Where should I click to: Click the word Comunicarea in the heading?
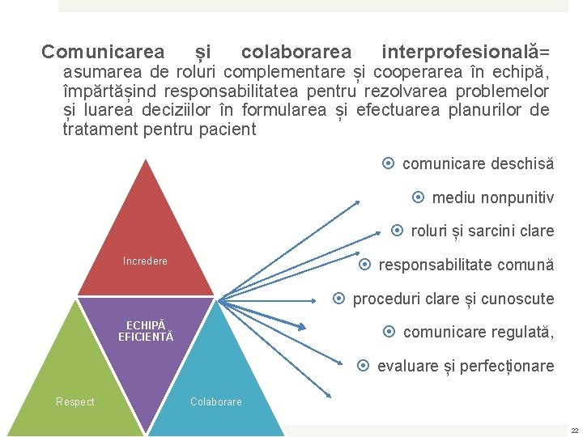tap(103, 53)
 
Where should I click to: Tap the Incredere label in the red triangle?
tap(145, 261)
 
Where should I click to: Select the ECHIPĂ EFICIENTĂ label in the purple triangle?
tap(146, 331)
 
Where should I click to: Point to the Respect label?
tap(74, 402)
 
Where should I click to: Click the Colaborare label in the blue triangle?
tap(215, 402)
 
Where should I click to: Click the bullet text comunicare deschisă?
tap(478, 163)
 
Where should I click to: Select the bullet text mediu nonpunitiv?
tap(492, 197)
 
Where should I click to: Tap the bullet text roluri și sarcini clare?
tap(483, 231)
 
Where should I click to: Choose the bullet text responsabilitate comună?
tap(466, 265)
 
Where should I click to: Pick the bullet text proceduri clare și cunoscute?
tap(453, 299)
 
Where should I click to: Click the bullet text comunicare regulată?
tap(478, 332)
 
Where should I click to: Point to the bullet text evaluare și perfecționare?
tap(466, 366)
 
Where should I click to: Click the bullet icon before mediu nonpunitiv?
tap(418, 197)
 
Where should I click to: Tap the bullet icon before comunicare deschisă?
tap(388, 163)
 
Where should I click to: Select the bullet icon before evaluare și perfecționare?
tap(363, 366)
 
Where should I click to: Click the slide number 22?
tap(574, 431)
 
